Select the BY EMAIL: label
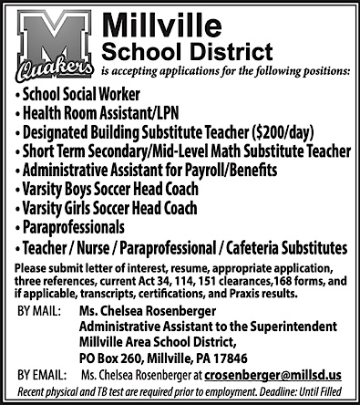(42, 375)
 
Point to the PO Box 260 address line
(164, 358)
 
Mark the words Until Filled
(327, 392)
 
